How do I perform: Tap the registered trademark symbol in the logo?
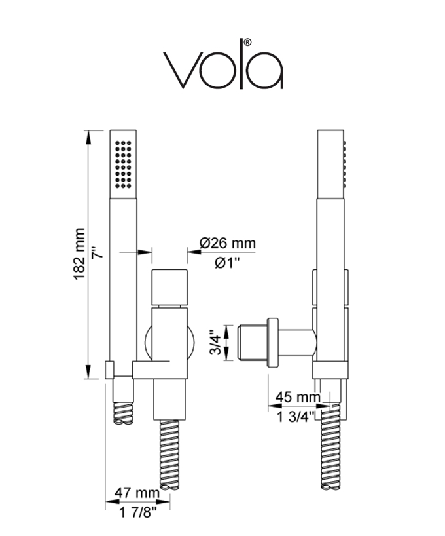click(247, 42)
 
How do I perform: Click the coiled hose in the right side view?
click(331, 452)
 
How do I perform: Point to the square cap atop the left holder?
click(169, 287)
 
